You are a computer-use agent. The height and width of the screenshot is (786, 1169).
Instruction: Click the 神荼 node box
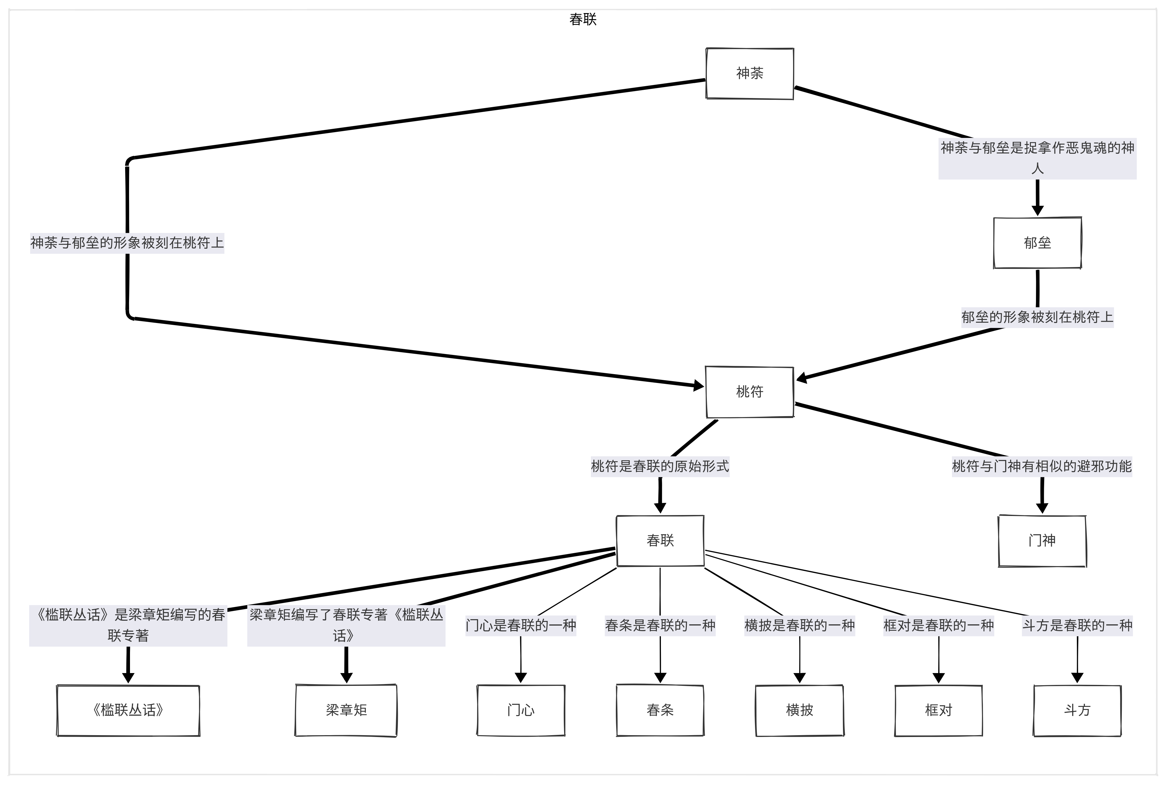click(x=749, y=74)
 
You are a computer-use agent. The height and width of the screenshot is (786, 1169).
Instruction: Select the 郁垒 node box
click(x=1037, y=243)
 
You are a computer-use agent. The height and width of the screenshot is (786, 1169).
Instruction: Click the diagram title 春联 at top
click(x=583, y=19)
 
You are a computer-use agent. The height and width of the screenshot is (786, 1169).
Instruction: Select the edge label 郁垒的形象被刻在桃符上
click(x=1037, y=317)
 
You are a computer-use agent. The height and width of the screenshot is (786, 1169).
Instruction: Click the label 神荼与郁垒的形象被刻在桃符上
click(x=127, y=243)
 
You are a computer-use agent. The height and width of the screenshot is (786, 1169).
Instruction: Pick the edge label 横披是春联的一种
click(x=799, y=626)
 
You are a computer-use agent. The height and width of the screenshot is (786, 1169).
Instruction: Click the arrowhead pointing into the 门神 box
click(x=1042, y=508)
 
